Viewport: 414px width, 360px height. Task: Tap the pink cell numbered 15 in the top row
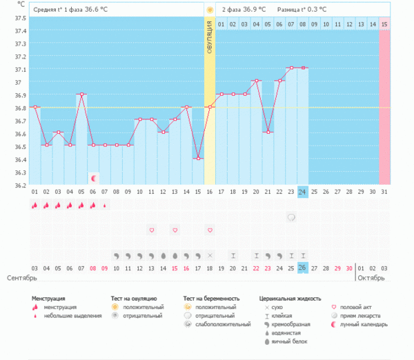(384, 24)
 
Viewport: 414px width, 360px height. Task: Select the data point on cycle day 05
(81, 94)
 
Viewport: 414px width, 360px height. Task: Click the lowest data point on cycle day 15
(198, 159)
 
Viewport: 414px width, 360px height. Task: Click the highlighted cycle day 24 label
(302, 192)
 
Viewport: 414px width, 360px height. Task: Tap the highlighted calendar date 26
(302, 268)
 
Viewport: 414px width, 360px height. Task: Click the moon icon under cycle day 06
(93, 177)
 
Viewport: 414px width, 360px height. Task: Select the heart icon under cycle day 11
(152, 229)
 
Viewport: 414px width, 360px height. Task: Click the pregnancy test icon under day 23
(291, 217)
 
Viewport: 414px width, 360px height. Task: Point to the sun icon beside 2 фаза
(209, 10)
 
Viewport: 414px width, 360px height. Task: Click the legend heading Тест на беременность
(210, 299)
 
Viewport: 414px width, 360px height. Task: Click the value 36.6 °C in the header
(96, 10)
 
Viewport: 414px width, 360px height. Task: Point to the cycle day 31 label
(384, 192)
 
